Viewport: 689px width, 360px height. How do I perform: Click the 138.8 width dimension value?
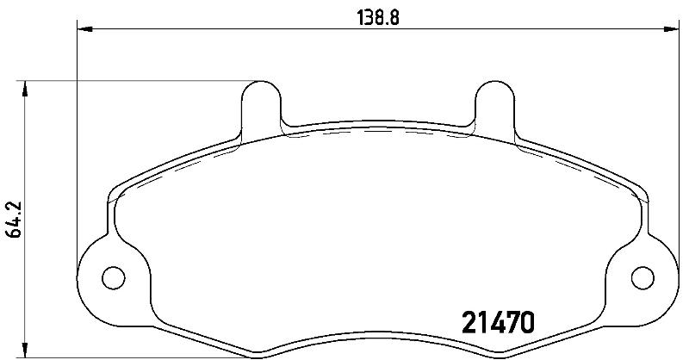[377, 18]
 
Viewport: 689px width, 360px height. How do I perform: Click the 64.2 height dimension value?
[15, 220]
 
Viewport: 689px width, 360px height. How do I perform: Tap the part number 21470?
[499, 322]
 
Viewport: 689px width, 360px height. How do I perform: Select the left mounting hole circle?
[114, 278]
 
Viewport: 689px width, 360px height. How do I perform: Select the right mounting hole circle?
[642, 278]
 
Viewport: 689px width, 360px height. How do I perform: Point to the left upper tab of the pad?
[261, 110]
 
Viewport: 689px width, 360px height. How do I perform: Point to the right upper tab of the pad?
[495, 110]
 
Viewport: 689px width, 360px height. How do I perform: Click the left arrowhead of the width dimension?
[84, 29]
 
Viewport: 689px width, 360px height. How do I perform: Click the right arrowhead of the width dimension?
[671, 29]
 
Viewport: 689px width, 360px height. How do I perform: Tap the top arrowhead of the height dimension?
[25, 89]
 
